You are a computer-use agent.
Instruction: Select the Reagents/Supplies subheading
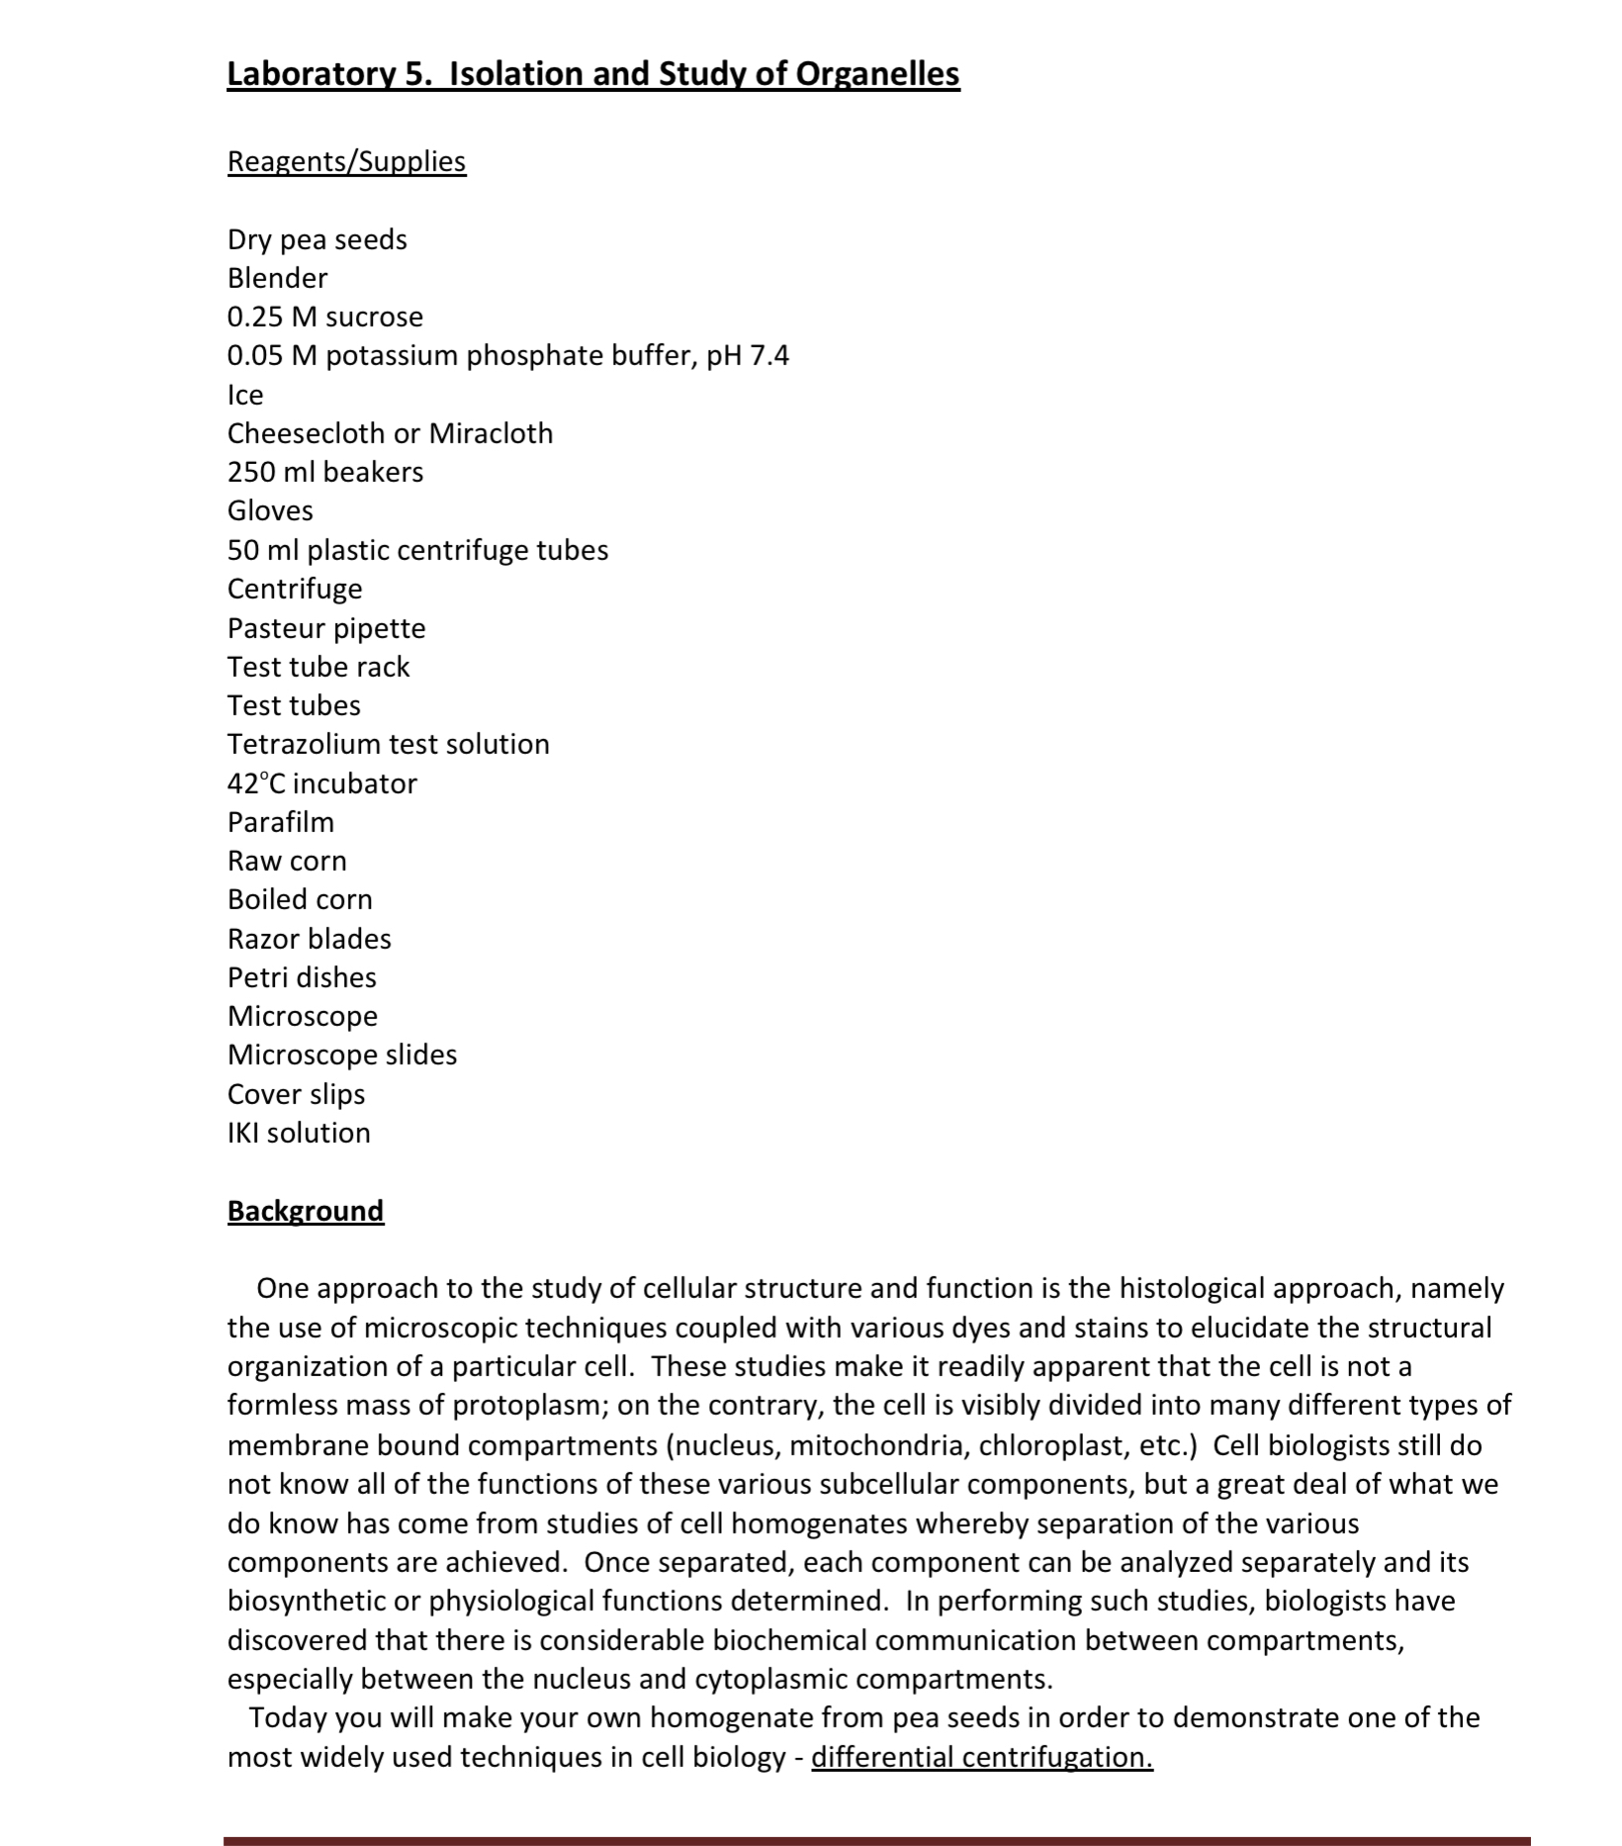(346, 161)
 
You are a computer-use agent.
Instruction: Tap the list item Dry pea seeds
(316, 239)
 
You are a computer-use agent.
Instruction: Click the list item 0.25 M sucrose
(324, 317)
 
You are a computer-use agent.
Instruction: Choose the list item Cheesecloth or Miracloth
(390, 433)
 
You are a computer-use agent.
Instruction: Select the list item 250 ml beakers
(324, 472)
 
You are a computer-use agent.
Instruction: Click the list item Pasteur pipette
(326, 628)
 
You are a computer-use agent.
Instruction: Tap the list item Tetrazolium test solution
(388, 744)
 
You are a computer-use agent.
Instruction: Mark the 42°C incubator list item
(321, 784)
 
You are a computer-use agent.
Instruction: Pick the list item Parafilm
(281, 822)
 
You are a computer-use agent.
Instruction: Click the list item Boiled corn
(300, 899)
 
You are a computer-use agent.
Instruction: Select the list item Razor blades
(309, 939)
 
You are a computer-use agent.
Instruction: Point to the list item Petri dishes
(302, 977)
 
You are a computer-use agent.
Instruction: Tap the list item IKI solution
(299, 1133)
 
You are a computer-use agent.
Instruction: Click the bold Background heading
(305, 1211)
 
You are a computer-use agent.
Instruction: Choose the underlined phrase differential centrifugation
(981, 1757)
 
